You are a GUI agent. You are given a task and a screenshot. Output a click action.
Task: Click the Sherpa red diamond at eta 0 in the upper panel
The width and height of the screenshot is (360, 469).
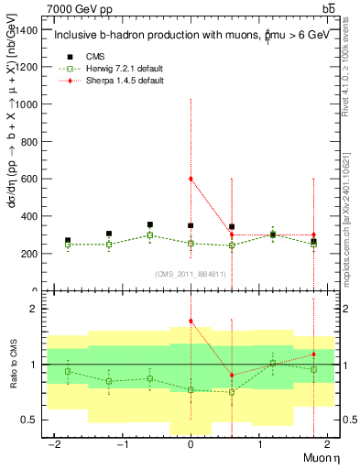coord(191,179)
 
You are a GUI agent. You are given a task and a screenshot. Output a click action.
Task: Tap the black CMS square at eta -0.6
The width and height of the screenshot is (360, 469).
coord(150,224)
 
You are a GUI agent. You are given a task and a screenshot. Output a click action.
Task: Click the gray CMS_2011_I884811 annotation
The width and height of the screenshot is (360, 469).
coord(191,273)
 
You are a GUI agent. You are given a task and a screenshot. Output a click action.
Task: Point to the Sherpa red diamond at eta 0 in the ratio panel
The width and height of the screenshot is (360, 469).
coord(191,321)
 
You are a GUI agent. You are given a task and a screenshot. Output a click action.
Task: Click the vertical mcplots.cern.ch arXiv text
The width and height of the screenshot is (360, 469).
coord(351,183)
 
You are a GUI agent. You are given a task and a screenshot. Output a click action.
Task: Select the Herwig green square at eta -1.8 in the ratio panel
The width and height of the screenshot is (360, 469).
coord(68,371)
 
